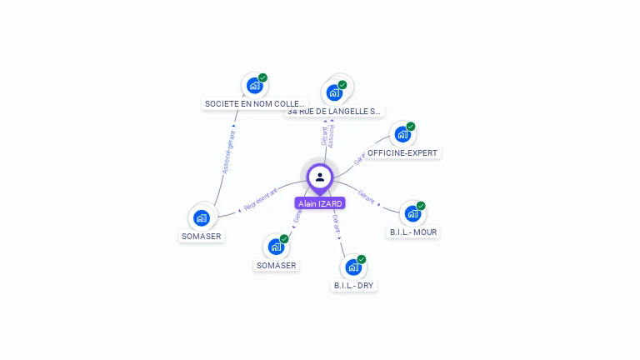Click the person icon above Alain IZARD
[x=320, y=177]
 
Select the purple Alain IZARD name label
[x=320, y=203]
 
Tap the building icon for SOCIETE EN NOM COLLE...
[x=254, y=86]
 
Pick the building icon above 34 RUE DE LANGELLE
[x=334, y=92]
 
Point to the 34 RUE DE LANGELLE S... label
[x=334, y=111]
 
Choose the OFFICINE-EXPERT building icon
[x=402, y=134]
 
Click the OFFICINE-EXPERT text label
[x=403, y=153]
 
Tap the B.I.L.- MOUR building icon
[x=412, y=213]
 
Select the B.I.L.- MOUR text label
[x=413, y=232]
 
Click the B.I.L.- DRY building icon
[x=353, y=267]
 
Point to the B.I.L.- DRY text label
[x=354, y=285]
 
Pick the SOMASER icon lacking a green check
[x=201, y=217]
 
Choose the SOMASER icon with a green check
[x=276, y=247]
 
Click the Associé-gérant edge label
[x=229, y=152]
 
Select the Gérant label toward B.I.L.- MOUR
[x=367, y=196]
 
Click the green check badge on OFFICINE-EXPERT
[x=411, y=127]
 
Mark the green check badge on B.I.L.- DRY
[x=362, y=259]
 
